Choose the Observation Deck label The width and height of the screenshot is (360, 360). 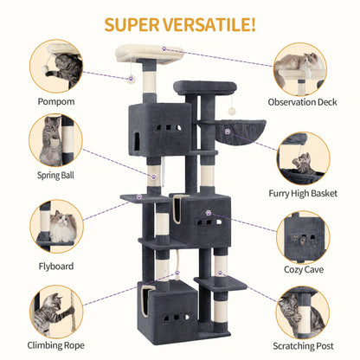(x=303, y=100)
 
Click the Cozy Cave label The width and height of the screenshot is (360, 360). (x=303, y=269)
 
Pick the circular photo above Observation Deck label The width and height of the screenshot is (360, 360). (x=303, y=66)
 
